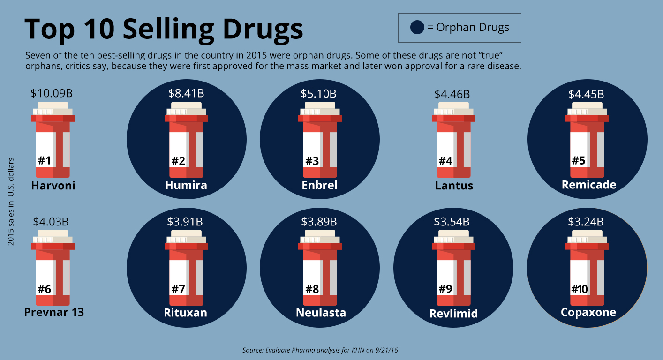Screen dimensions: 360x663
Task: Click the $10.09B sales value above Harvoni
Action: point(52,93)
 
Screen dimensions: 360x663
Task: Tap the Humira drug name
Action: point(186,185)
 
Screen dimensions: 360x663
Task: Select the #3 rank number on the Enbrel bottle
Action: point(312,161)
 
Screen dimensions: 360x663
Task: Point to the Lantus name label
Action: point(454,186)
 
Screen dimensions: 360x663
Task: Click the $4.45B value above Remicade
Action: point(586,94)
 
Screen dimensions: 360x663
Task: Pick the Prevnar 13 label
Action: point(54,311)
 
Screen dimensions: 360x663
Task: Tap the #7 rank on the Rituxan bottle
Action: point(178,289)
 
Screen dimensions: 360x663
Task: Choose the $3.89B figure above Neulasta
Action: point(319,221)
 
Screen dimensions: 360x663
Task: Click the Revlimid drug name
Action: point(453,313)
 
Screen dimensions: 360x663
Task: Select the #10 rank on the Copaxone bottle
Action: point(580,289)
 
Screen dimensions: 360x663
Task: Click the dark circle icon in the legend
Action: point(417,27)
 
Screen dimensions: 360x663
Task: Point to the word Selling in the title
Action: point(181,29)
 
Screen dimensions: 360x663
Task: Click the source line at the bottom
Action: point(323,350)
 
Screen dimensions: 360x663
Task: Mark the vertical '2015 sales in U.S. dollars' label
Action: point(11,202)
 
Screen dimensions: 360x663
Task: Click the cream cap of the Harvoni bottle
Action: point(53,105)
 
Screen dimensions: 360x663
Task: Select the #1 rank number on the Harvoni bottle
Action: point(44,161)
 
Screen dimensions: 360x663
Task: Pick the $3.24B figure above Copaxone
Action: point(586,221)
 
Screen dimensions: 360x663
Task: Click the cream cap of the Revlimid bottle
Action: point(452,233)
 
